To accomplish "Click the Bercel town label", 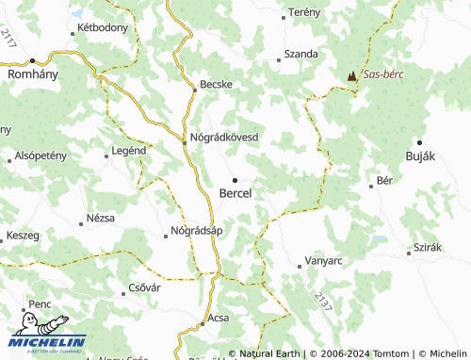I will tap(235, 193).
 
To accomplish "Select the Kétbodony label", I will tap(102, 27).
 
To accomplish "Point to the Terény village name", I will tap(304, 11).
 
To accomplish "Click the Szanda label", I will tap(300, 55).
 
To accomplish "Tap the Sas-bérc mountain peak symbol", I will tap(351, 74).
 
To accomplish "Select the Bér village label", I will tap(383, 179).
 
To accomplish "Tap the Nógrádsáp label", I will tap(196, 231).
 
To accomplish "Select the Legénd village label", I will tap(128, 150).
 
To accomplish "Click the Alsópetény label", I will tap(41, 155).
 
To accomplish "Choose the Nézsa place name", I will tap(99, 218).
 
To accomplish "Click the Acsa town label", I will tap(218, 318).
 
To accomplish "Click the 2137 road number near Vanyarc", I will tap(324, 303).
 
